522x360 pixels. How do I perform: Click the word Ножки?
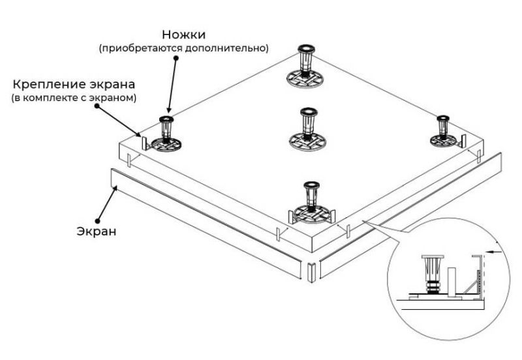point(183,34)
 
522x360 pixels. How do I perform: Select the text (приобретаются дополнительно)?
point(183,48)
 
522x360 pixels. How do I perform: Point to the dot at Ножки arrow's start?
point(176,57)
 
